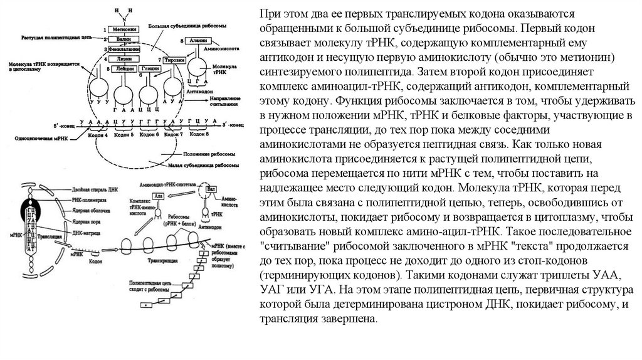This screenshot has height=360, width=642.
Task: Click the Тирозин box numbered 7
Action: click(x=176, y=59)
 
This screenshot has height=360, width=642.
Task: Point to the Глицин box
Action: click(x=149, y=69)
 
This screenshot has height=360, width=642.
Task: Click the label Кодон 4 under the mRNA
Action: click(x=98, y=134)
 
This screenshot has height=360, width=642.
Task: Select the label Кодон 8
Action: click(x=198, y=134)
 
